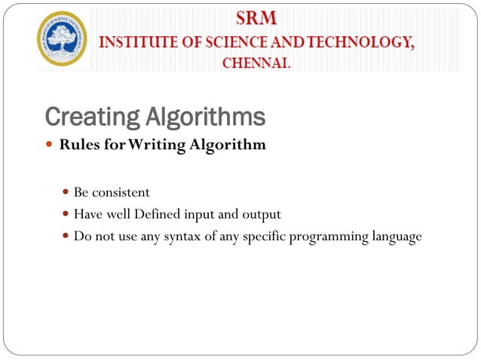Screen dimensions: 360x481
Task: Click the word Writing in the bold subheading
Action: [x=157, y=145]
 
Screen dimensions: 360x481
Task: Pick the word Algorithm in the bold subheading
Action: [x=228, y=145]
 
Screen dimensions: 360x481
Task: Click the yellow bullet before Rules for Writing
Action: [x=51, y=145]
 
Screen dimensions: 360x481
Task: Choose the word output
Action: [x=262, y=215]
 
